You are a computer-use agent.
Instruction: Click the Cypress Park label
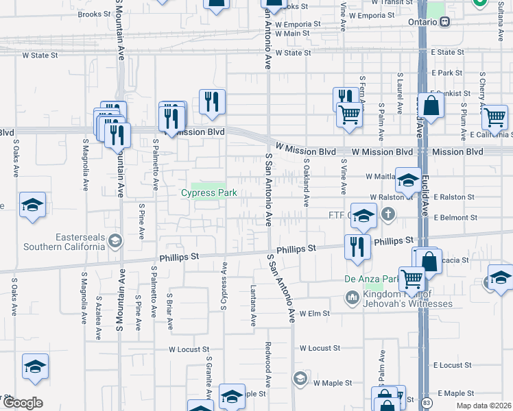pos(208,193)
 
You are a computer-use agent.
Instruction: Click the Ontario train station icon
pos(444,21)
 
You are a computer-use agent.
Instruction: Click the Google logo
pos(23,402)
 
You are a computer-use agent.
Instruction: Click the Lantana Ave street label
pos(253,305)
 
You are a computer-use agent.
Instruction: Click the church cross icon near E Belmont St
pos(388,215)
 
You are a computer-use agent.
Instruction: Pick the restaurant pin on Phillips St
pos(357,246)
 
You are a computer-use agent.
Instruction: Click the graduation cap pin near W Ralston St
pos(408,182)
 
